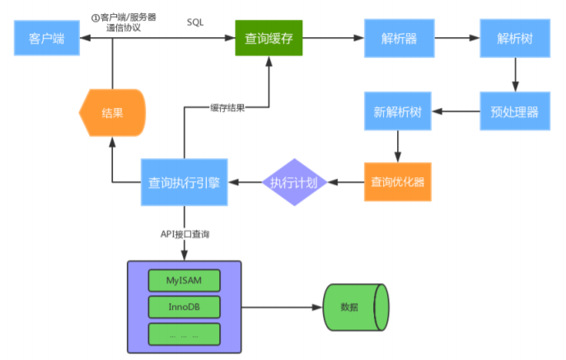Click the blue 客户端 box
pos(47,38)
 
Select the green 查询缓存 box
pos(269,38)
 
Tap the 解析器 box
pos(400,38)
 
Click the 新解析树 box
pos(398,110)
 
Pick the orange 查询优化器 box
pos(398,181)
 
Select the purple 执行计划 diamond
pos(295,182)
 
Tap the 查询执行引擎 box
pos(184,182)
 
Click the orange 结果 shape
pos(113,112)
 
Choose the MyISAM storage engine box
pos(185,280)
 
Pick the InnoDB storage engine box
pos(185,307)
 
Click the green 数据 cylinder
pos(353,307)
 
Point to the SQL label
pos(195,22)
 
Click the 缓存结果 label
pos(227,107)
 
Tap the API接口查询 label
pos(185,235)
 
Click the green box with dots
pos(185,334)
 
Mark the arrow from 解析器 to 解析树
pos(457,38)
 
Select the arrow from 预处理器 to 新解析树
pos(457,110)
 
